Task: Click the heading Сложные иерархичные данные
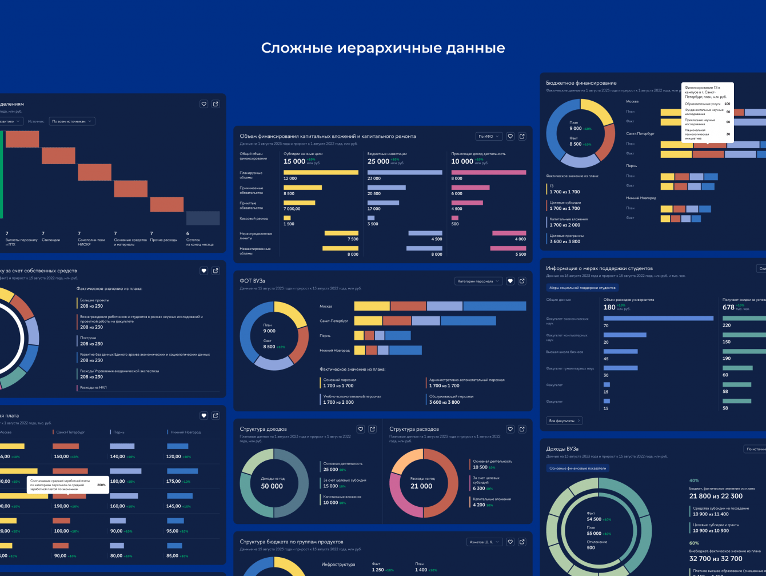click(383, 48)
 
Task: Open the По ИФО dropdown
click(489, 136)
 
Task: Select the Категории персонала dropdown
click(478, 281)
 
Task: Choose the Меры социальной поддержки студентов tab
click(582, 288)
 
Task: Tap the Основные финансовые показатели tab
click(577, 468)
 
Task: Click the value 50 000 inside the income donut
click(272, 486)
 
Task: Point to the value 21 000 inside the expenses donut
click(421, 486)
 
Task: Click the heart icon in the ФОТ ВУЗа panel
click(510, 281)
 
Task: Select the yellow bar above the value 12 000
click(321, 172)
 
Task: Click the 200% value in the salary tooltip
click(101, 484)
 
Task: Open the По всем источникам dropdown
click(72, 121)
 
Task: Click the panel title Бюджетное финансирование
click(581, 83)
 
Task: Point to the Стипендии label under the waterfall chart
click(51, 240)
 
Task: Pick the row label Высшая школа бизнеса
click(561, 352)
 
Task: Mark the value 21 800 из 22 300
click(716, 496)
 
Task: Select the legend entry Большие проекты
click(94, 300)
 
